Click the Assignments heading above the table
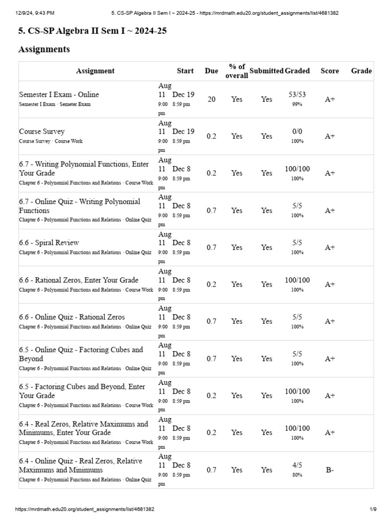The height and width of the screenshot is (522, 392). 44,49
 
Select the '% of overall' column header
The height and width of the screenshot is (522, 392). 237,71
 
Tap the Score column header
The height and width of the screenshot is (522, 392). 329,71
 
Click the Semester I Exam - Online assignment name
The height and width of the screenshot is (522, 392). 59,94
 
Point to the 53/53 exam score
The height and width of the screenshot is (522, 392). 297,94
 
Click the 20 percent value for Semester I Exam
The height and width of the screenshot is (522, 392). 211,99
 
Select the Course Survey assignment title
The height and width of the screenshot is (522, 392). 42,132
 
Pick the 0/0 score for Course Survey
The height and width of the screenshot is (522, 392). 297,132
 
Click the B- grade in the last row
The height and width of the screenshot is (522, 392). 330,470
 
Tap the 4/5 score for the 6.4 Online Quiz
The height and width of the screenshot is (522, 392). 297,465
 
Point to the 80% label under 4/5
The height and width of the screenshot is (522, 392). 297,475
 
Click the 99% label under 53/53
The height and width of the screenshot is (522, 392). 297,104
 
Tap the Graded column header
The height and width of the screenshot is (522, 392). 297,71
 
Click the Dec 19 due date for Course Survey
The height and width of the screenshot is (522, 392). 183,132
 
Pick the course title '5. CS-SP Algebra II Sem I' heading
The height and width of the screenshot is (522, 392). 92,31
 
